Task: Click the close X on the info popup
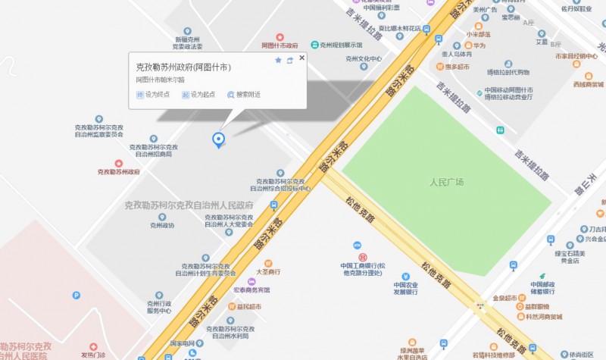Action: [x=301, y=58]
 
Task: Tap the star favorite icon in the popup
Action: [x=278, y=60]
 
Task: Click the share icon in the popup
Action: [x=289, y=60]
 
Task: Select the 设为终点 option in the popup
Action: [x=153, y=95]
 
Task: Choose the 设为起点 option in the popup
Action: [x=198, y=95]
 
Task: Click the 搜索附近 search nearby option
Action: [x=244, y=95]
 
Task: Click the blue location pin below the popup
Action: [x=219, y=139]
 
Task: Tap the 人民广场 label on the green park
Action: [x=446, y=183]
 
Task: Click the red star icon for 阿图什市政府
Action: [x=280, y=36]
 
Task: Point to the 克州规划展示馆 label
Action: [x=345, y=45]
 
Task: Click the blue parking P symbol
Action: [x=76, y=295]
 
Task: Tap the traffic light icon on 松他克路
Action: [x=480, y=305]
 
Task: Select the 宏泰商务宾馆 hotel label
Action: [x=251, y=290]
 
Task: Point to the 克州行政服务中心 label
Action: [x=160, y=307]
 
